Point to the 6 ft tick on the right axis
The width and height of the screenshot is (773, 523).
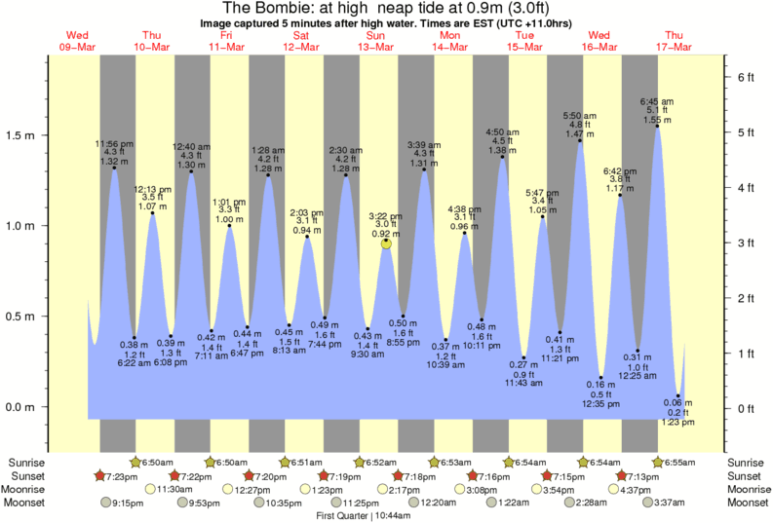745,76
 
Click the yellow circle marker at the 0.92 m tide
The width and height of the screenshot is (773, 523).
386,243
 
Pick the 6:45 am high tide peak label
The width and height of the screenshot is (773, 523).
656,100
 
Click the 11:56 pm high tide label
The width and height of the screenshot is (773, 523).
114,144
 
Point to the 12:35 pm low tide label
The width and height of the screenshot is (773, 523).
601,402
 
